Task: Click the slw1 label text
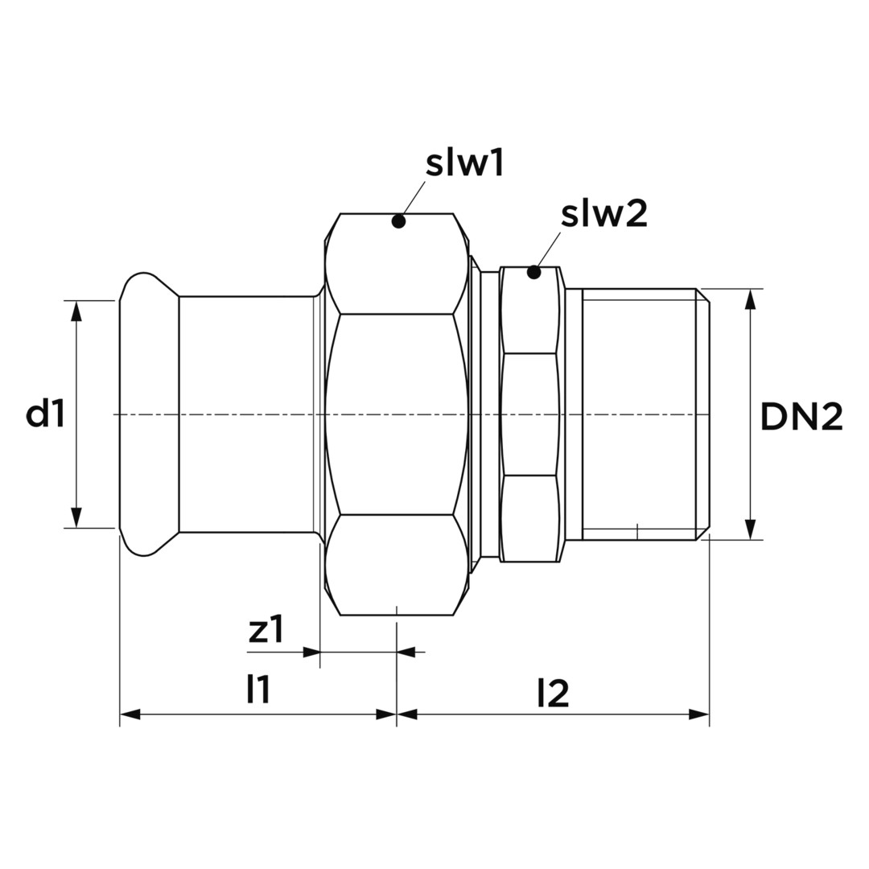pyautogui.click(x=464, y=164)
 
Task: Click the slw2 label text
pyautogui.click(x=604, y=214)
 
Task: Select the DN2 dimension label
pyautogui.click(x=801, y=417)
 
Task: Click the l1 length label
pyautogui.click(x=258, y=690)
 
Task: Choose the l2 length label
pyautogui.click(x=553, y=694)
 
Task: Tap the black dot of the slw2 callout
pyautogui.click(x=533, y=272)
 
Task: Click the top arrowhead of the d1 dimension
pyautogui.click(x=77, y=311)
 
